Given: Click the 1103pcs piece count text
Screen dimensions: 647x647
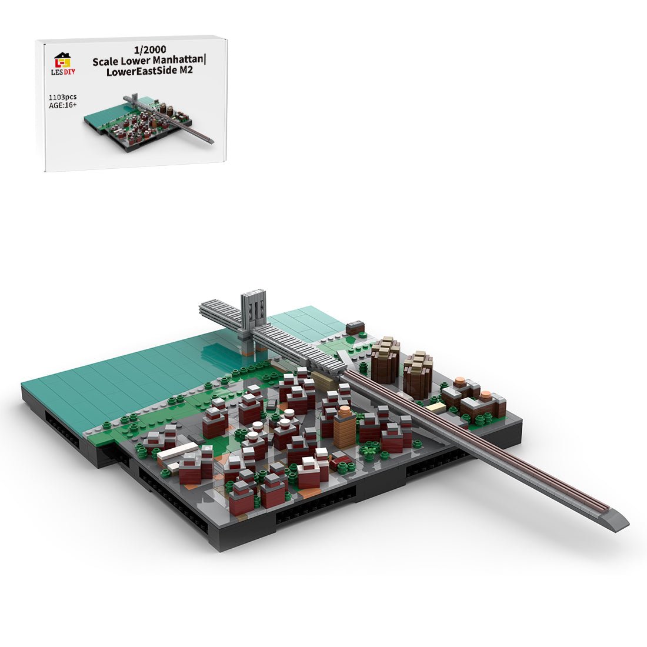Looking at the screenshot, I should click(x=63, y=96).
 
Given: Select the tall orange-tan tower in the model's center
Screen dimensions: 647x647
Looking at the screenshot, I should click(x=345, y=426).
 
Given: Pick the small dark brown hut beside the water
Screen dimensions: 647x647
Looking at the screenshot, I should click(x=355, y=327).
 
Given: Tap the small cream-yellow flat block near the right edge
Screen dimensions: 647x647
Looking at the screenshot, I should click(x=435, y=407).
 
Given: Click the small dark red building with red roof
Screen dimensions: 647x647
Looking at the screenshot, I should click(x=340, y=463).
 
